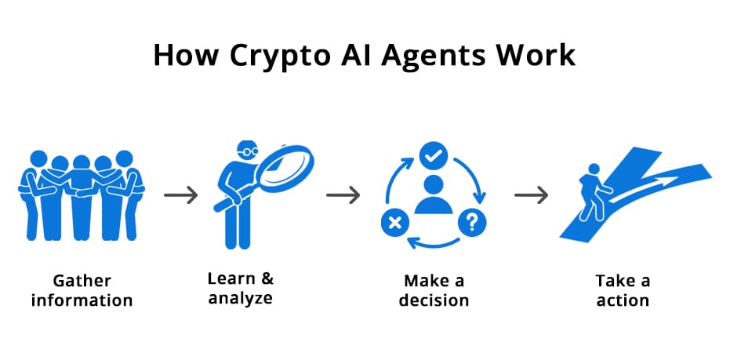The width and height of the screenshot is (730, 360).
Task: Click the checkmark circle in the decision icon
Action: [x=430, y=156]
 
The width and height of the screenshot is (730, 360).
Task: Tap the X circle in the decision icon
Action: [x=394, y=223]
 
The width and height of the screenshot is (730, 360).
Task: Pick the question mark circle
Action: [x=472, y=222]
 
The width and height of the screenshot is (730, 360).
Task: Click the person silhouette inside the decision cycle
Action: [x=433, y=196]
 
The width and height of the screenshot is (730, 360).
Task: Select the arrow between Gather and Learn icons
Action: [x=181, y=195]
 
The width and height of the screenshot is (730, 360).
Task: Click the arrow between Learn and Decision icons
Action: [x=343, y=195]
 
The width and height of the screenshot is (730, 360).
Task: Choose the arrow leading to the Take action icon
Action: [x=531, y=195]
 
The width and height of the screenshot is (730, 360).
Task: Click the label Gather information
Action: [x=82, y=290]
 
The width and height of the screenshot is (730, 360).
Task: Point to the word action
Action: [x=622, y=300]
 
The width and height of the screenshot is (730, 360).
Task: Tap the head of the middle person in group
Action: [x=82, y=163]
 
